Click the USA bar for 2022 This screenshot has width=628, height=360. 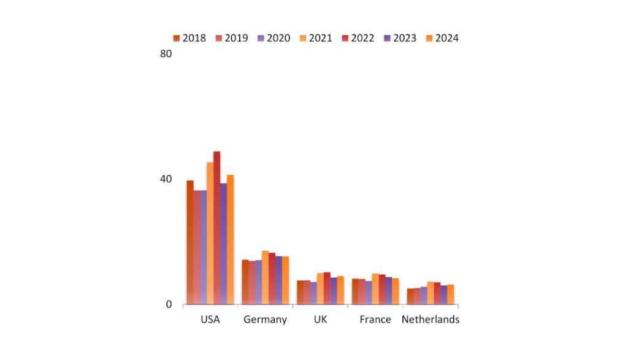tap(216, 228)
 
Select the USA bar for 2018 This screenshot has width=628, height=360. tap(190, 242)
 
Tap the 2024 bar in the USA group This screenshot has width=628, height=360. tap(230, 239)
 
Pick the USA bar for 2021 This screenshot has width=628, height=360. tap(210, 233)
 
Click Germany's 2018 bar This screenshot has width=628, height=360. tap(245, 282)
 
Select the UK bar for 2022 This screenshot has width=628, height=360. tap(327, 288)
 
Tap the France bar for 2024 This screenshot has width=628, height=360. tap(396, 291)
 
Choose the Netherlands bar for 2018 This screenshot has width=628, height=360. tap(410, 296)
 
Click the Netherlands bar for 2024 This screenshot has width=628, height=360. tap(451, 294)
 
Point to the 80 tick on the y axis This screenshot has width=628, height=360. tap(166, 53)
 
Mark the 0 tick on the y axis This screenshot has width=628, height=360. tap(169, 305)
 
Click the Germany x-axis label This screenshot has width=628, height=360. tap(265, 320)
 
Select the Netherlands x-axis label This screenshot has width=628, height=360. tap(430, 320)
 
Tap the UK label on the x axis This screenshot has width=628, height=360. tap(320, 320)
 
